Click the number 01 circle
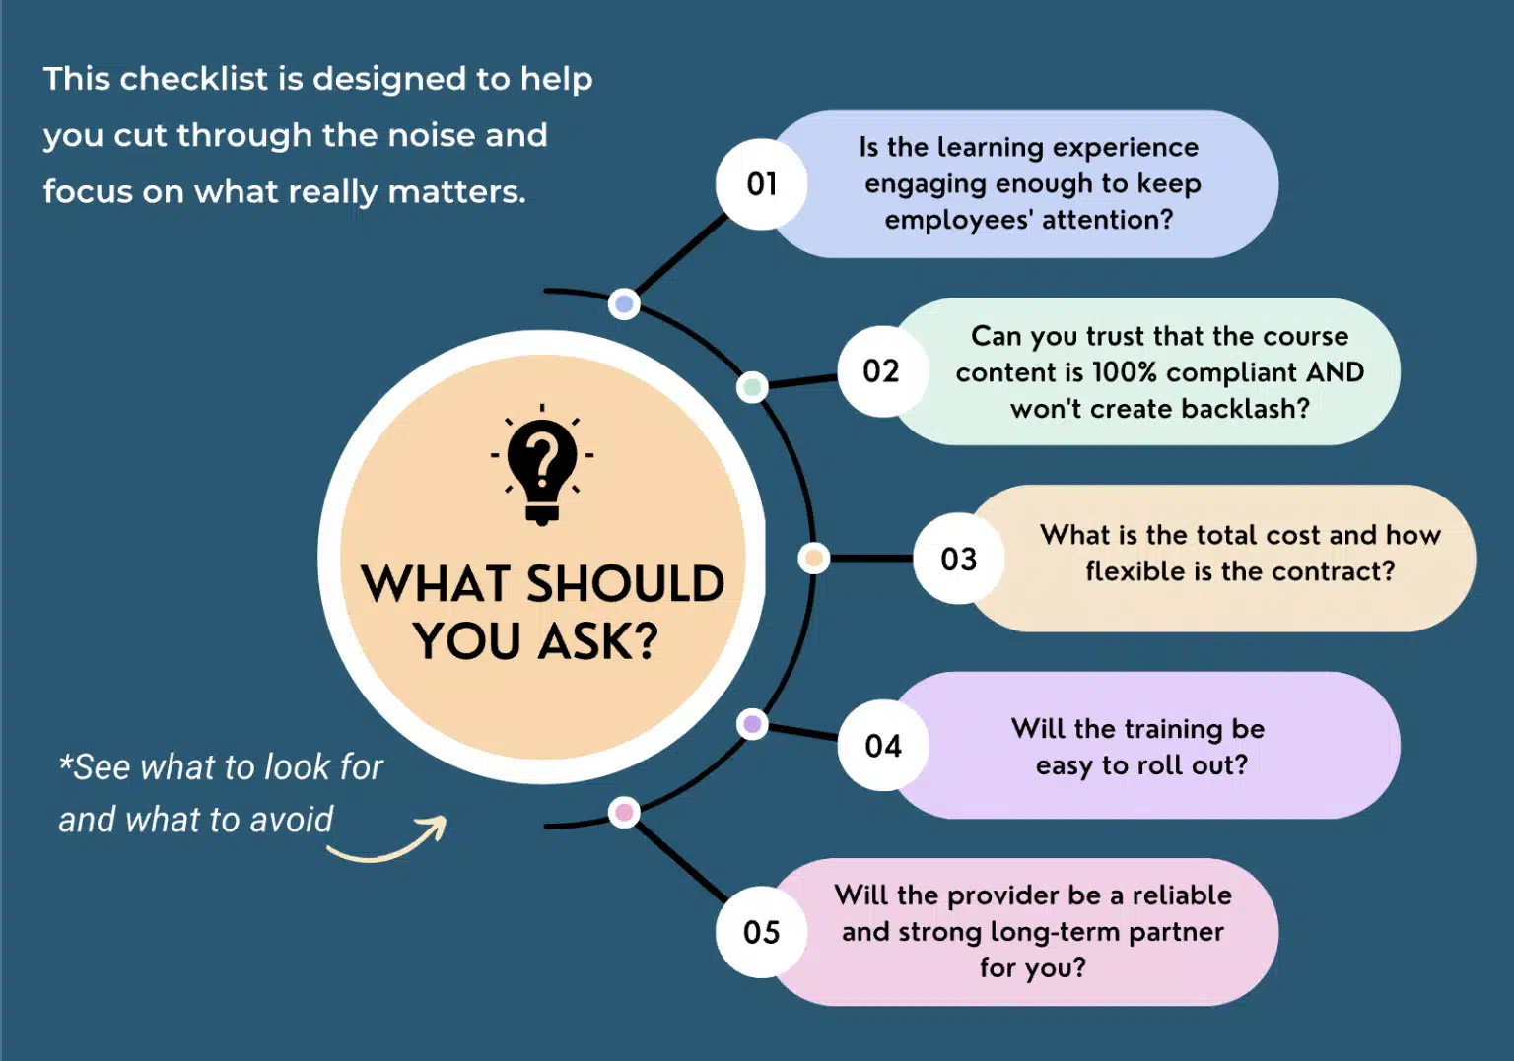762,184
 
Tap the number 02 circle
883,371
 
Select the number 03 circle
958,559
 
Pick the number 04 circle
883,746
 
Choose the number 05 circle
762,933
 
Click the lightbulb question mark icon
542,465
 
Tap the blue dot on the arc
624,303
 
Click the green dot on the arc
752,387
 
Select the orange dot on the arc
814,558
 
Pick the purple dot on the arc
752,724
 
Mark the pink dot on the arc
624,813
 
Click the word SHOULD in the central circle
625,583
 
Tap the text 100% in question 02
1124,372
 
